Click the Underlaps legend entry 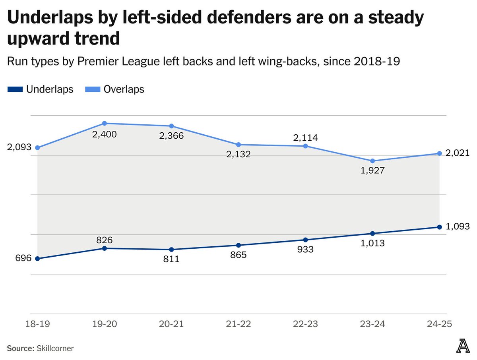coord(41,89)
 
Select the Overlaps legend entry coord(115,89)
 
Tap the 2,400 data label coord(105,134)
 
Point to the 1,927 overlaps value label coord(372,170)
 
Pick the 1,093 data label coord(458,227)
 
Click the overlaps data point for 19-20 coord(105,124)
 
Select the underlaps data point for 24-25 coord(439,227)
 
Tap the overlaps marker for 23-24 coord(372,161)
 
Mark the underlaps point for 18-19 coord(37,259)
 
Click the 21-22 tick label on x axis coord(238,324)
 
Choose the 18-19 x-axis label coord(37,324)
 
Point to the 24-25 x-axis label coord(439,324)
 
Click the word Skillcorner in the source coord(56,348)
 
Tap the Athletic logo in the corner coord(462,346)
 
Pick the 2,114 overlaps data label coord(305,137)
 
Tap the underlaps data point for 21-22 coord(238,245)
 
